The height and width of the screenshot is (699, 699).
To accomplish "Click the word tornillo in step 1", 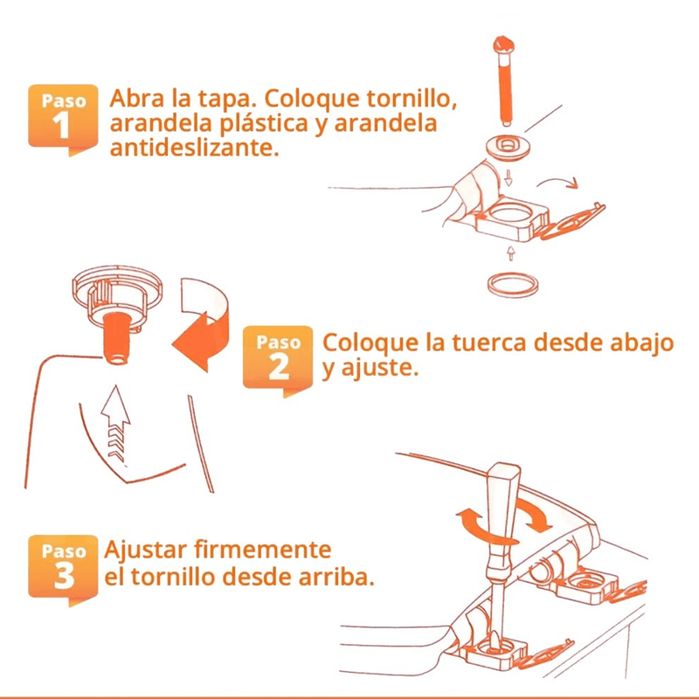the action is pyautogui.click(x=412, y=99).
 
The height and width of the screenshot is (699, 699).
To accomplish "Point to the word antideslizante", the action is pyautogui.click(x=194, y=148).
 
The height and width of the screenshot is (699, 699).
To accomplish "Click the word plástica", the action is pyautogui.click(x=264, y=124).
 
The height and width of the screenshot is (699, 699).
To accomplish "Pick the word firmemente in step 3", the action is pyautogui.click(x=263, y=550).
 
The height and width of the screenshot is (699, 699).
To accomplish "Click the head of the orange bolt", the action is pyautogui.click(x=504, y=45).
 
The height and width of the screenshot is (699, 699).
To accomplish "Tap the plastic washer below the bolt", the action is pyautogui.click(x=508, y=146).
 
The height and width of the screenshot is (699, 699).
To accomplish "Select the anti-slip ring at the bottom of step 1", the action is pyautogui.click(x=513, y=284).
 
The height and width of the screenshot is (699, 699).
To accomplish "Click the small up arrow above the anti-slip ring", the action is pyautogui.click(x=511, y=253).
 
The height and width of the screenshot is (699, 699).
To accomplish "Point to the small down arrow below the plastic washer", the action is pyautogui.click(x=509, y=178).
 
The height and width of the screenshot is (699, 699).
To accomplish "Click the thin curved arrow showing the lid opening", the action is pyautogui.click(x=559, y=181).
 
